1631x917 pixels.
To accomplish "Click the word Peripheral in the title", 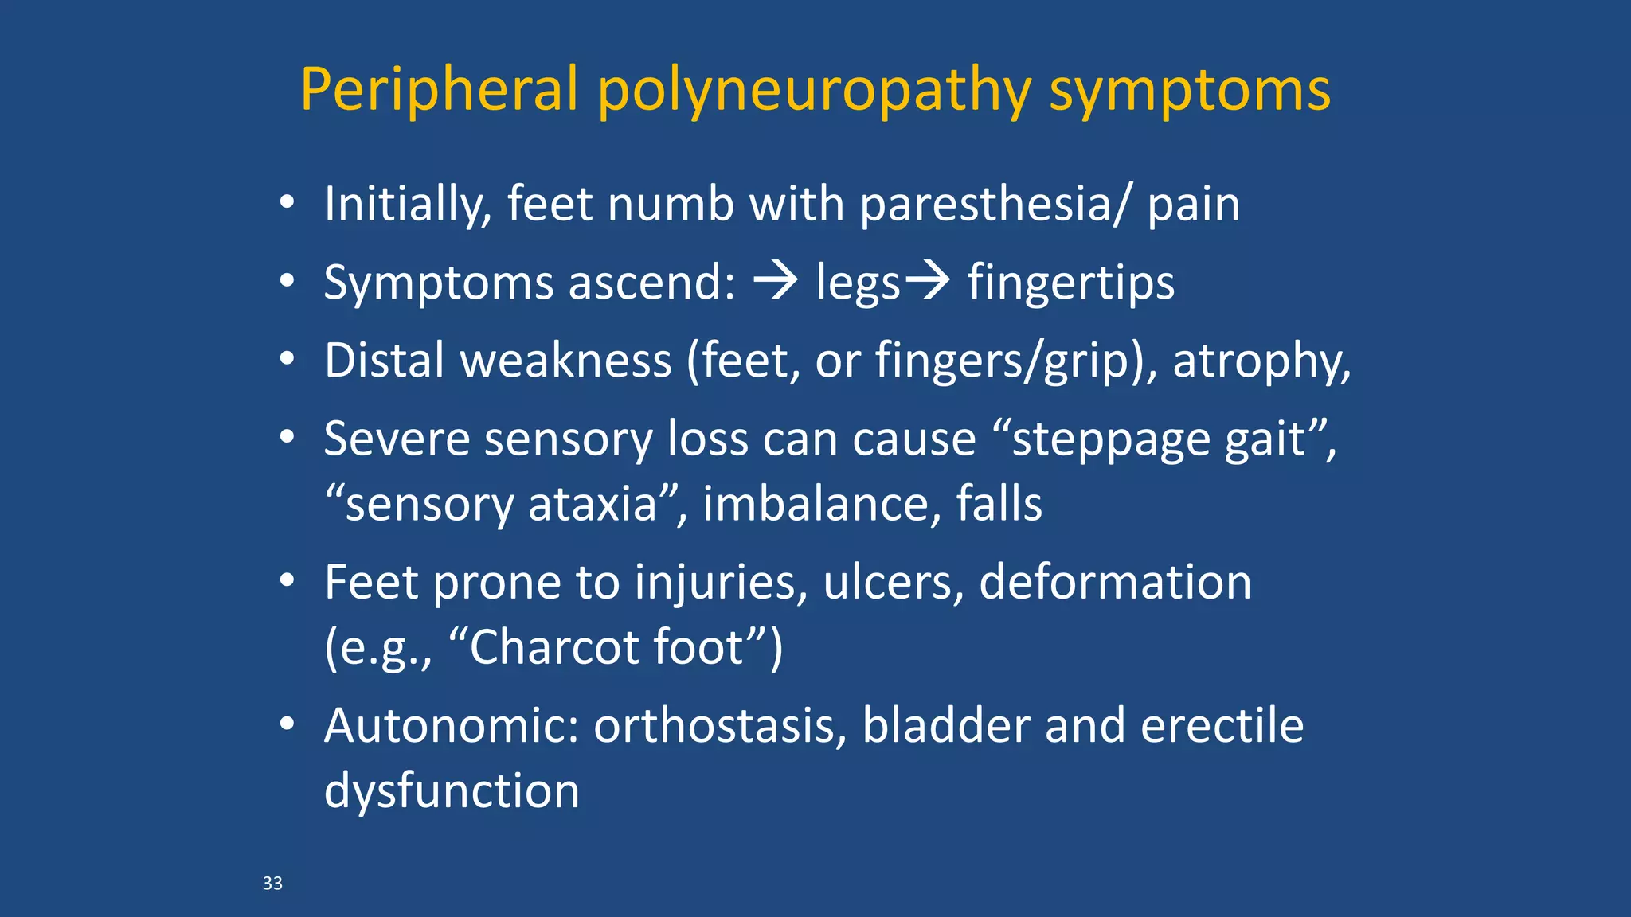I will tap(439, 90).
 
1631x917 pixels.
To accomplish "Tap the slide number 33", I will tap(272, 883).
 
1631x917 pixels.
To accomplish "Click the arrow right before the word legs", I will tap(776, 281).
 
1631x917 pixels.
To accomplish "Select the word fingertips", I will tap(1070, 283).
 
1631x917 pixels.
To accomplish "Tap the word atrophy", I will tap(1261, 361).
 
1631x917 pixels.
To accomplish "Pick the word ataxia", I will tap(593, 505).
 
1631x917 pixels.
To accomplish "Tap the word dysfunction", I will tap(452, 790).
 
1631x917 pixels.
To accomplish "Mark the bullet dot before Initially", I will tap(287, 203).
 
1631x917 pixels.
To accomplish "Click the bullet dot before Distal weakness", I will tap(287, 360).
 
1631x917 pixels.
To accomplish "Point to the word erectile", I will tap(1222, 726).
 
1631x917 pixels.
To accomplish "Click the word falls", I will tap(999, 505).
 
